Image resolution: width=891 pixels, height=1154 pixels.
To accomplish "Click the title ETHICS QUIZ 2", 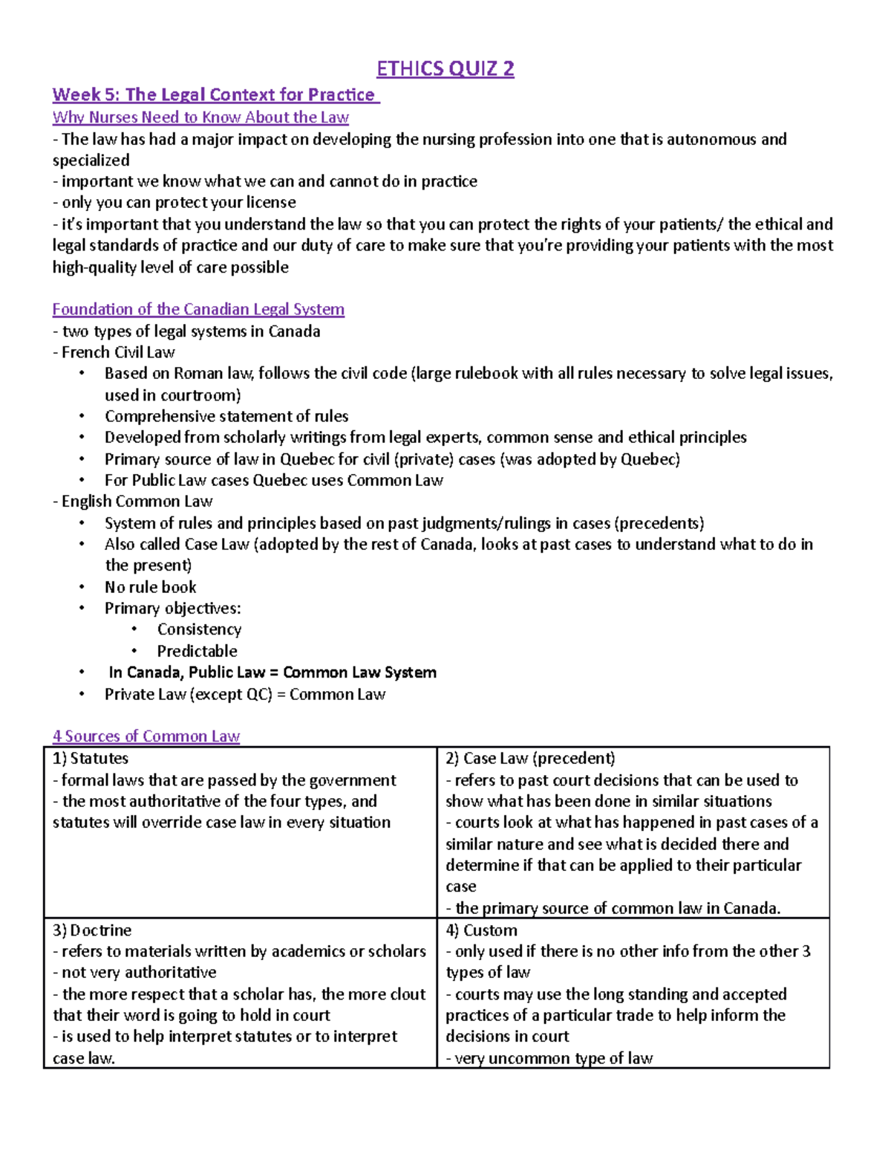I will coord(445,69).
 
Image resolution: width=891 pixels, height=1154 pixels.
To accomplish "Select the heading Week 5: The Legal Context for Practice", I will coord(215,95).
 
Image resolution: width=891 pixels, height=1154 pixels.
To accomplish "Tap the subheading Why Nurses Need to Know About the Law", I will coord(200,117).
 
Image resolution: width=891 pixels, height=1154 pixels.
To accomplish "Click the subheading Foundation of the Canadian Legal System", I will coord(198,309).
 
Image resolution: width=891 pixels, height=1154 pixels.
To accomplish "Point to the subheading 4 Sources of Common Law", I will coord(146,736).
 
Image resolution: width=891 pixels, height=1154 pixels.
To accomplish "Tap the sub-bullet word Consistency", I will coord(199,629).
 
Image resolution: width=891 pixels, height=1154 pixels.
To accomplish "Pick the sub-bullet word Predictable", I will coord(197,651).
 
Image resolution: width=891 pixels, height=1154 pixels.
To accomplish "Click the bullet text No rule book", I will coord(150,587).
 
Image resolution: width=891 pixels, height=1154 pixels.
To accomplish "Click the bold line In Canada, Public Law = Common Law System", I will coord(272,672).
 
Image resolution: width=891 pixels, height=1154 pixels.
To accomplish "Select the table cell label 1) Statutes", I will coord(91,759).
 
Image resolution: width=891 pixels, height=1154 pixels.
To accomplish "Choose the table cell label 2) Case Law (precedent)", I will coord(530,759).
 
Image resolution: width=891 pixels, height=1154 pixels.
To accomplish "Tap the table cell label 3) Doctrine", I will coord(92,930).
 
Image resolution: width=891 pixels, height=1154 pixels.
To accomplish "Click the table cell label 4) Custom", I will coord(481,930).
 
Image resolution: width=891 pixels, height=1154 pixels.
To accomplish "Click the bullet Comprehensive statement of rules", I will coord(226,416).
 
